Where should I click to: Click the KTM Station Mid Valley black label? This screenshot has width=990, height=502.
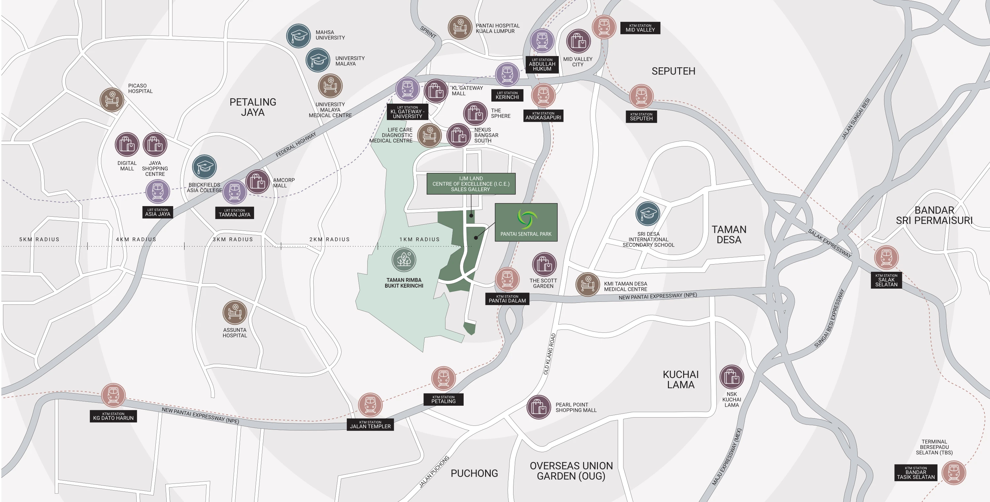coord(640,28)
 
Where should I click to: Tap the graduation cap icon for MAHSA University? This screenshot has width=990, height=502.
coord(298,36)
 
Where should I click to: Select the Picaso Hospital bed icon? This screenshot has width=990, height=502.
coord(112,100)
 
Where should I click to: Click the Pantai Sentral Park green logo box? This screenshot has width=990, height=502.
coord(526,222)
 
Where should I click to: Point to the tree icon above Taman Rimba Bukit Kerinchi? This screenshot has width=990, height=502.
coord(404,260)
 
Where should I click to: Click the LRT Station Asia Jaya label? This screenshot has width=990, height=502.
coord(157,212)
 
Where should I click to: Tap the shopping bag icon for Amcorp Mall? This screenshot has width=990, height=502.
coord(257,182)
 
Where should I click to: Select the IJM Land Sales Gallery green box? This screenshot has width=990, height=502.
coord(471,184)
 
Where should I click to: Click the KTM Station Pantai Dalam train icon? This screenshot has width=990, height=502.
coord(507,279)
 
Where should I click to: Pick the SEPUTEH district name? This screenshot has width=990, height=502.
coord(673,71)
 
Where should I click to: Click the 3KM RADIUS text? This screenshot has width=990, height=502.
coord(233,239)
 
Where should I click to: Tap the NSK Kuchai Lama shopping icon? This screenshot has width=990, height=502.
coord(731,377)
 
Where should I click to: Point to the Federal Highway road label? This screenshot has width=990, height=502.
coord(296,144)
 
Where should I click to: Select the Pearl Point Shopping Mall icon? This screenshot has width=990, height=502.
coord(539,407)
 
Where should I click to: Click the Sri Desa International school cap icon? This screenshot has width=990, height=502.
coord(647,213)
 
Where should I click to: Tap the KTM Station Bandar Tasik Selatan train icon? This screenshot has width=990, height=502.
coord(953,472)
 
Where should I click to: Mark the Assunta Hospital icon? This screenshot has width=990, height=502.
coord(234,312)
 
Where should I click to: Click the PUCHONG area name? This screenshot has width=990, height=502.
coord(474,473)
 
